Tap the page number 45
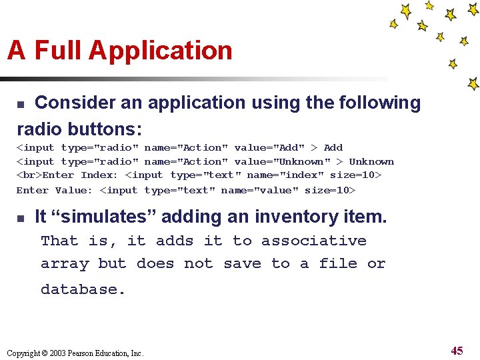point(457,351)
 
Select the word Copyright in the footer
point(23,353)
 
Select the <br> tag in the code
point(29,175)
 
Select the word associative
point(313,241)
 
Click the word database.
point(83,289)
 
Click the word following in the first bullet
point(380,103)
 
